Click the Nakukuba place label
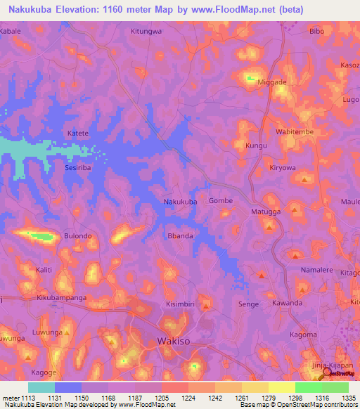[x=180, y=202]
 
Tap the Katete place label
[x=77, y=133]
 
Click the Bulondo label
[x=78, y=236]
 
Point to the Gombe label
[x=221, y=201]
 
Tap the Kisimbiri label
[x=181, y=304]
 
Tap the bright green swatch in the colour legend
[x=308, y=387]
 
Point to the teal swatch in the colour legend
[x=41, y=387]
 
